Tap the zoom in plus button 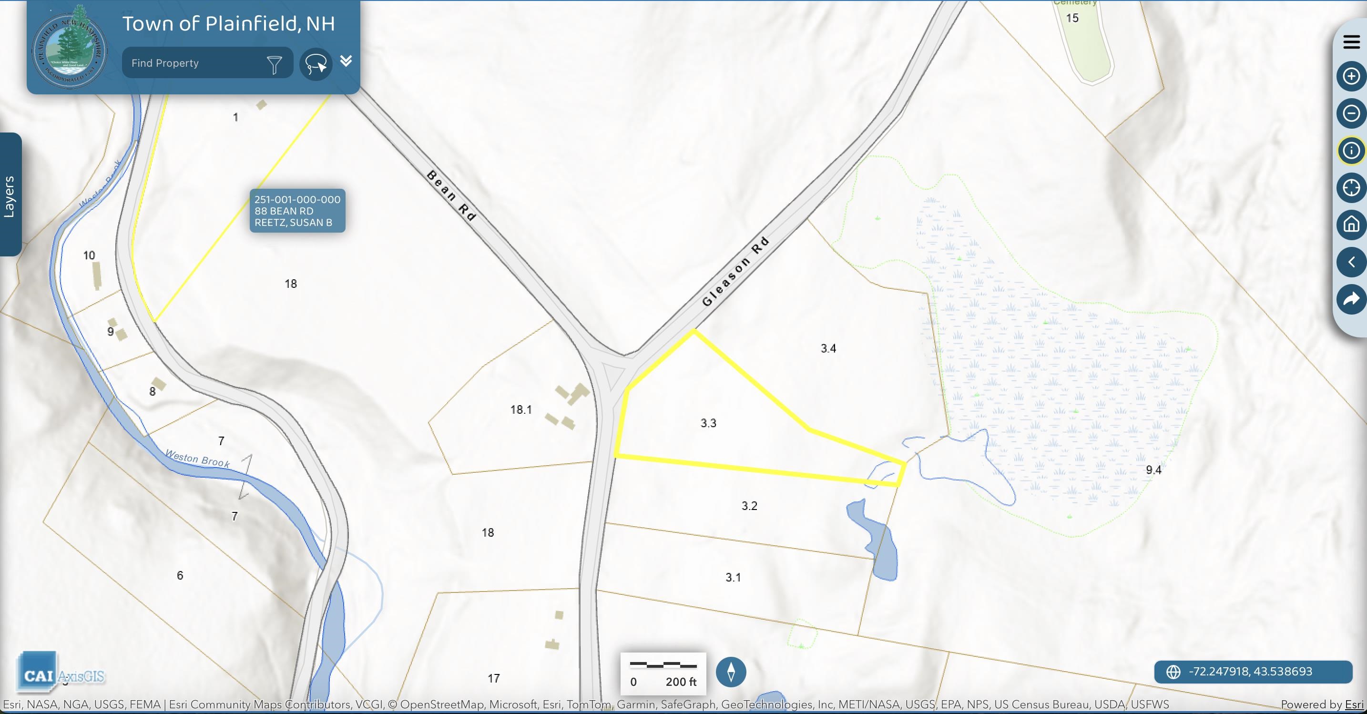click(x=1350, y=76)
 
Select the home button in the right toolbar click(x=1350, y=224)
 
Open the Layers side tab click(x=10, y=195)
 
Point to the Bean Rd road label click(x=451, y=195)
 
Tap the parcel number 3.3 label click(x=708, y=423)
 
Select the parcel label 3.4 click(x=828, y=348)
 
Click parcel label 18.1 click(x=520, y=409)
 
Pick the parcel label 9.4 click(x=1153, y=470)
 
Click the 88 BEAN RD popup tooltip click(x=297, y=211)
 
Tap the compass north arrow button click(x=731, y=672)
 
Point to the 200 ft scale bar click(x=663, y=673)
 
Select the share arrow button click(x=1350, y=299)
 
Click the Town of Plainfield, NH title click(x=228, y=24)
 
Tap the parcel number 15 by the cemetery click(x=1072, y=18)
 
